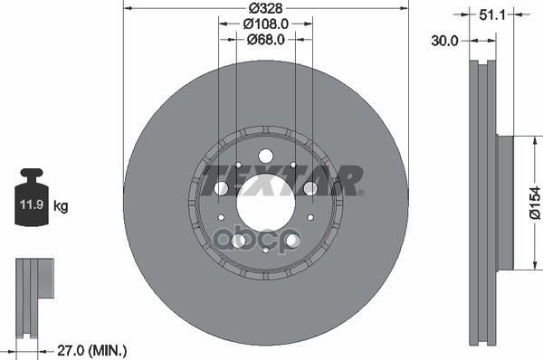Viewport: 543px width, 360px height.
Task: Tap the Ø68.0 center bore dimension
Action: click(266, 40)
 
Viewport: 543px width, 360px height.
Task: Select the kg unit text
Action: click(62, 206)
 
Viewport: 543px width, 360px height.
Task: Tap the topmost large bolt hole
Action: click(265, 156)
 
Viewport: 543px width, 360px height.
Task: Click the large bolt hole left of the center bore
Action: click(220, 188)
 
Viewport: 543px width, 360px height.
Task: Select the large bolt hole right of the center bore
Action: click(310, 188)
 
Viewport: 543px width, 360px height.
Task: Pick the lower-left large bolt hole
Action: click(238, 241)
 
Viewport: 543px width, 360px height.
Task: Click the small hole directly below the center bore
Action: click(265, 250)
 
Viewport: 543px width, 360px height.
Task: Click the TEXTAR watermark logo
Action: click(281, 178)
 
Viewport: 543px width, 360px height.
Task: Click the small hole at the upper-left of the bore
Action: click(237, 166)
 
